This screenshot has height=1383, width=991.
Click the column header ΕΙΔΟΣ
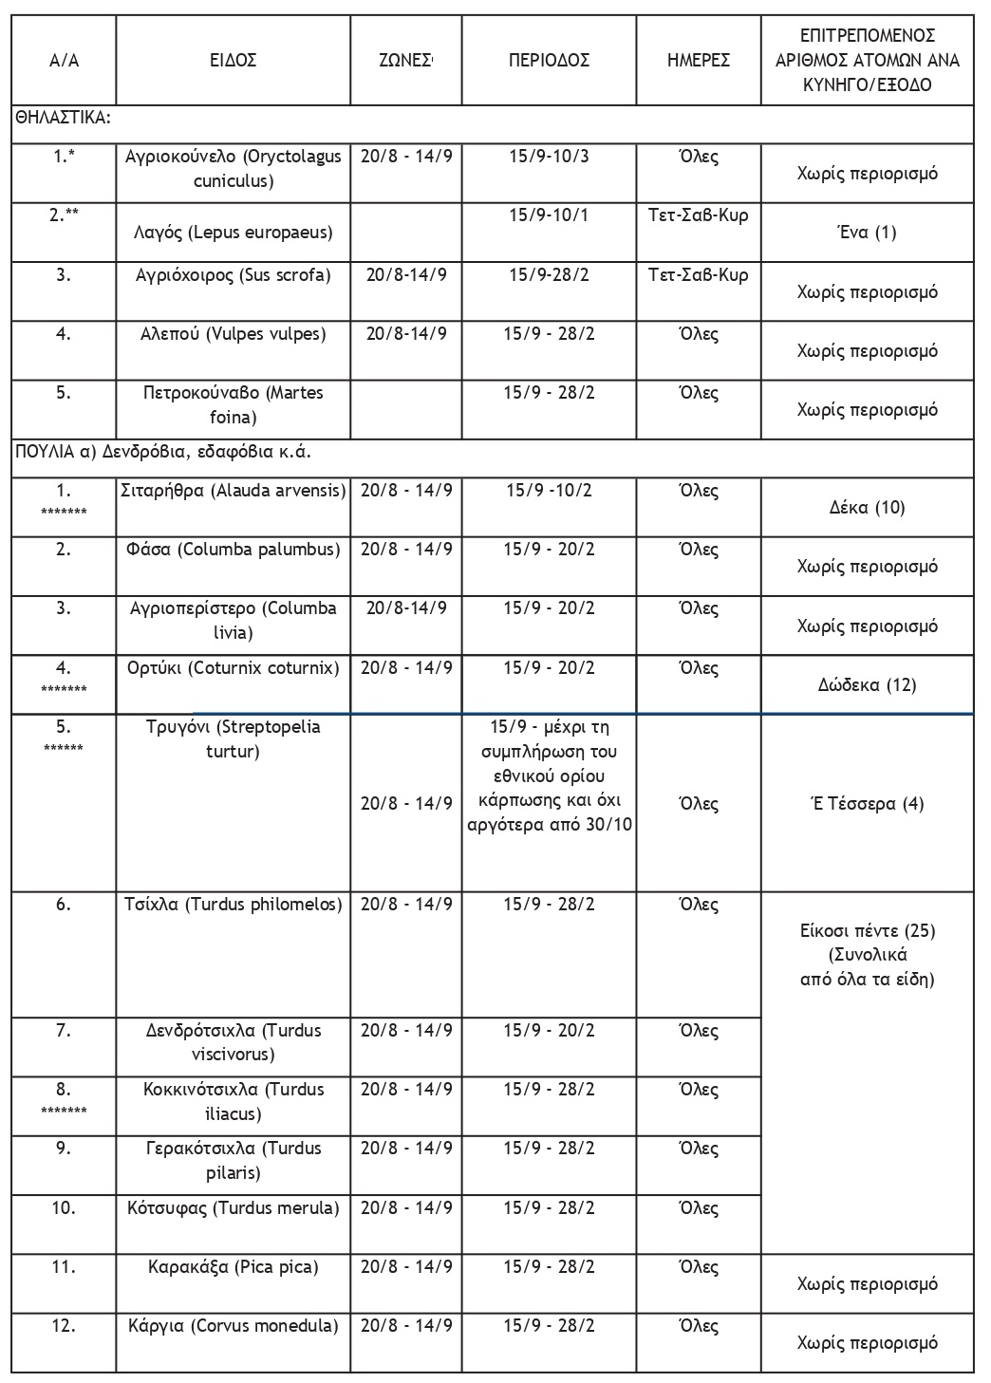pos(233,61)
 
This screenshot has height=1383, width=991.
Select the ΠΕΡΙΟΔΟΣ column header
pos(549,61)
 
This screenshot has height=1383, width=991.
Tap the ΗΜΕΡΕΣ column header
pos(699,61)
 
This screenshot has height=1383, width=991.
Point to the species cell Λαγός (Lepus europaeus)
pos(234,233)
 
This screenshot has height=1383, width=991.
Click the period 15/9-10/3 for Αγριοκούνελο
pos(549,156)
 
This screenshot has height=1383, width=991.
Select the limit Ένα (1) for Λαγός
pos(868,233)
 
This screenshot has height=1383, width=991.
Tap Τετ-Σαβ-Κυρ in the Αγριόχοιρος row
pos(699,275)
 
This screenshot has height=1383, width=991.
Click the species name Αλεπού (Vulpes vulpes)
pos(234,334)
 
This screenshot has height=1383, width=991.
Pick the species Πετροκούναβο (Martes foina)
pos(234,404)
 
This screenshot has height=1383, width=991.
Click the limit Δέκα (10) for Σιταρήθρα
pos(868,508)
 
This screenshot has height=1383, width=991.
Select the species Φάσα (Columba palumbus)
pos(234,550)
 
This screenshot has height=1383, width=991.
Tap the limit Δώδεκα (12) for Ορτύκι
pos(868,684)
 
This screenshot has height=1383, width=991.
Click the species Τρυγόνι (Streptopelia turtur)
pos(234,739)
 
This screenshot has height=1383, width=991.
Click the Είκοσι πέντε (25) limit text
pos(868,930)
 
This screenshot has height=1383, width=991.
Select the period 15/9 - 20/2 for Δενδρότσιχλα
pos(549,1031)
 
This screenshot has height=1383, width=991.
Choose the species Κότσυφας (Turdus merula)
pos(234,1208)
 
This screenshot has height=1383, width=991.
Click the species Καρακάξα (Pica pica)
pos(234,1267)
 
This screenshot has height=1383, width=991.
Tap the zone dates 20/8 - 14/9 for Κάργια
pos(406,1326)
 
